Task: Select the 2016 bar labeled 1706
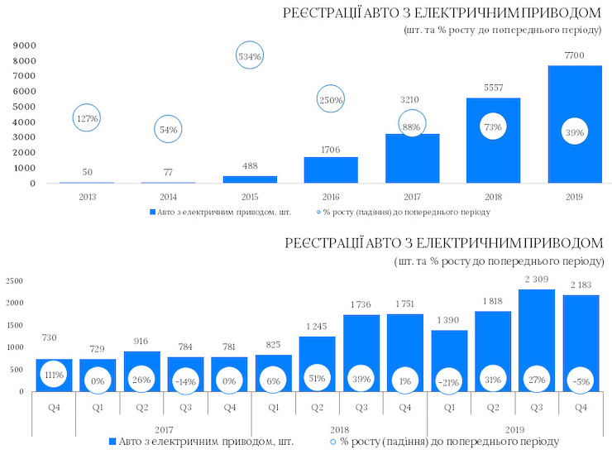coord(331,170)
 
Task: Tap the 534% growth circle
coord(250,57)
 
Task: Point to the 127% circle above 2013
coord(87,119)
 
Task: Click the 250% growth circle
coord(331,99)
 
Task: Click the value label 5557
coord(493,87)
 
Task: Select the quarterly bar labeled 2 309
coord(537,340)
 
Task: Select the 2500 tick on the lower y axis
coord(14,281)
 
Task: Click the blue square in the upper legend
coord(153,213)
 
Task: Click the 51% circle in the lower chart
coord(317,378)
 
